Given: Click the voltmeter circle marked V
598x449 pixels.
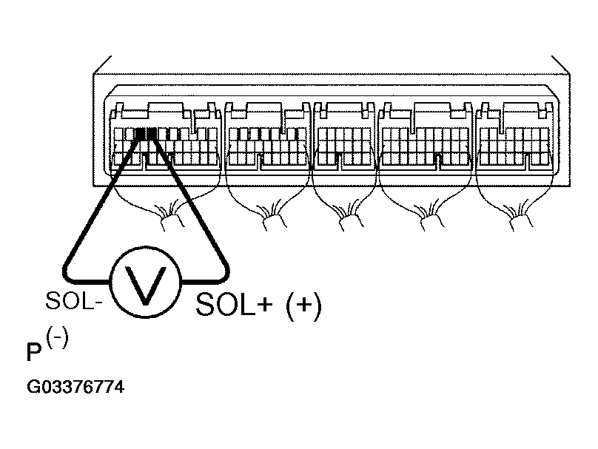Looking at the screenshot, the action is pos(145,282).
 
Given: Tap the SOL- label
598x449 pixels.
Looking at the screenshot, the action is pos(73,301).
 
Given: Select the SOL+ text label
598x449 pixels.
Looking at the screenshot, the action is pos(234,304).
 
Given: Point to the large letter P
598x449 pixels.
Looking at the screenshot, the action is pos(34,352).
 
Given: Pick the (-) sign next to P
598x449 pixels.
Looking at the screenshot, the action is pos(57,339).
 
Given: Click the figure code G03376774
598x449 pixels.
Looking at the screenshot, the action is pos(75,387).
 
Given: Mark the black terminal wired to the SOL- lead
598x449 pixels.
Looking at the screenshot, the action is pos(140,134).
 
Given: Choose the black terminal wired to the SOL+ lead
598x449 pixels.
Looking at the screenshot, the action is pos(152,134).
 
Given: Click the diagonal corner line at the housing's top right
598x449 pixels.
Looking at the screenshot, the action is pos(561,64).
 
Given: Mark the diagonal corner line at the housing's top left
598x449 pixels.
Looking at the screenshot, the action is pos(102,64).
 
